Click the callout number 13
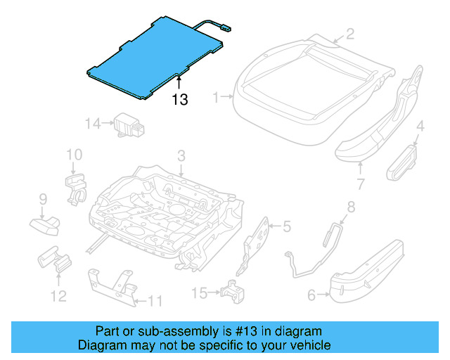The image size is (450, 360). (x=180, y=100)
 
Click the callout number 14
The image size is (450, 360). (x=94, y=124)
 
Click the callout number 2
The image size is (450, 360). (x=349, y=34)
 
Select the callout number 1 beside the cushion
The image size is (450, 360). (x=217, y=96)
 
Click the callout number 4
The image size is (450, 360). (x=420, y=127)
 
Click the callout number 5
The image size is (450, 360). (x=286, y=226)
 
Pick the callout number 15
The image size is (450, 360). (x=200, y=292)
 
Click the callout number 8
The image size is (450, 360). (x=351, y=207)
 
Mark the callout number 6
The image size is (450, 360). (x=311, y=296)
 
